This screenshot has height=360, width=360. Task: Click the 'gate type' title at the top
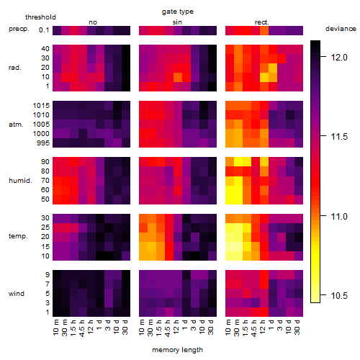point(178,12)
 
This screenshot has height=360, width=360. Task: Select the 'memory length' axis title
point(177,350)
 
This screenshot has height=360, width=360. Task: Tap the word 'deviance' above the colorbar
point(341,29)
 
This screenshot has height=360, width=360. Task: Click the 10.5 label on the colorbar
point(339,296)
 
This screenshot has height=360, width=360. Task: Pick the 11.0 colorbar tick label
point(339,217)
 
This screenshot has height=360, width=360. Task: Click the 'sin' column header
point(177,22)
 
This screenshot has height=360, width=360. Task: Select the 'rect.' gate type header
point(262,22)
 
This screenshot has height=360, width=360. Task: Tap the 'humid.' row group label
point(20,181)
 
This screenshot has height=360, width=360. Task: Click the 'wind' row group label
point(17,294)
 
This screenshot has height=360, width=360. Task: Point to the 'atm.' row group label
point(16,125)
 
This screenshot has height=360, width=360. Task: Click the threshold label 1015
point(41,106)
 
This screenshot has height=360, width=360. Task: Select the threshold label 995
point(43,143)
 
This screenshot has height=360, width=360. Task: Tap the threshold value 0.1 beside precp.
point(44,30)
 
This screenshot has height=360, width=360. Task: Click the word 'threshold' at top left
point(40,17)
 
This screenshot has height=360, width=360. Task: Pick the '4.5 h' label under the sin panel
point(168,328)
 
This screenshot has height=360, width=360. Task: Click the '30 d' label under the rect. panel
point(297,327)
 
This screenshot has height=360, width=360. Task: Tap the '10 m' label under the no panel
point(55,328)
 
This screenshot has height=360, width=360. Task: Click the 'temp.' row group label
point(18,236)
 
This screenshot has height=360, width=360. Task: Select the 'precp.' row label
point(19,29)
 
